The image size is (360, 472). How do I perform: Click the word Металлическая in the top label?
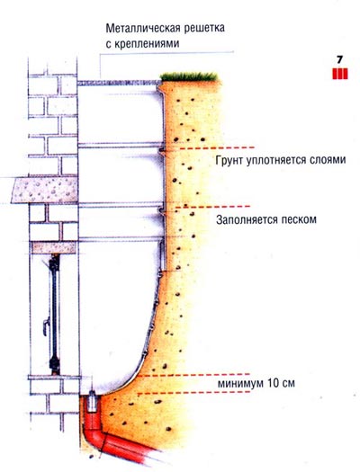[143, 28]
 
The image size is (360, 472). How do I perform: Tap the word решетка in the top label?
[204, 28]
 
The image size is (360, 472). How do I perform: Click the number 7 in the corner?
[340, 59]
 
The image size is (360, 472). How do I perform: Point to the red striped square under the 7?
[340, 74]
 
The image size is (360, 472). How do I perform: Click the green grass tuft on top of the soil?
[189, 76]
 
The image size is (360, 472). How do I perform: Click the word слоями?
[327, 160]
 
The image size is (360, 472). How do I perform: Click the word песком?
[299, 219]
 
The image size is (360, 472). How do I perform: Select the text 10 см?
[281, 383]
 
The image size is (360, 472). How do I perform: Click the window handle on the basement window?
[46, 326]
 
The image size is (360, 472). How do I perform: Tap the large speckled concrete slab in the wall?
[45, 190]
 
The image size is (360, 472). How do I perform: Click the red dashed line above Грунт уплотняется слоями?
[217, 148]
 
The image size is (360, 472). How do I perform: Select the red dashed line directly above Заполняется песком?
[212, 207]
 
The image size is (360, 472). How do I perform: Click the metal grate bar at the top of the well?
[119, 83]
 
